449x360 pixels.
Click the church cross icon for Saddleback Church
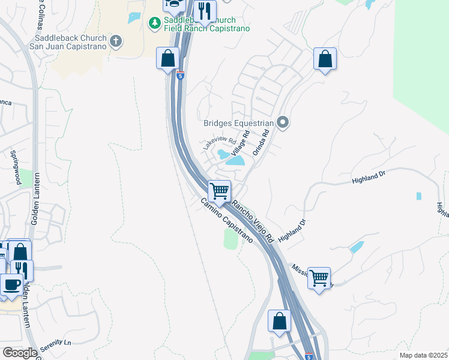(116, 41)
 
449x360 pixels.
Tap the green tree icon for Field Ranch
(154, 23)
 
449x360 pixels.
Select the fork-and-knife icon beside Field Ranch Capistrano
(205, 10)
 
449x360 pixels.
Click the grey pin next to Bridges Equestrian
(284, 123)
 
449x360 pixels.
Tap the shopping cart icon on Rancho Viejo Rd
(220, 191)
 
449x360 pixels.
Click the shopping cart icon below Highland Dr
(319, 277)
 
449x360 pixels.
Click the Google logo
(20, 353)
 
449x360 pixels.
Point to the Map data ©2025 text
(423, 355)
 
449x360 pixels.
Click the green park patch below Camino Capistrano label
(231, 239)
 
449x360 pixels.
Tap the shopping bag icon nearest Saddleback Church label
(168, 59)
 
